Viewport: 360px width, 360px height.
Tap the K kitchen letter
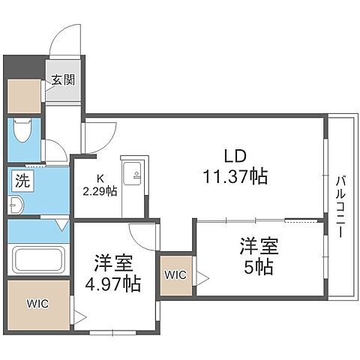pos(99,178)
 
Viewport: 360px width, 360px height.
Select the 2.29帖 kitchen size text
pos(100,191)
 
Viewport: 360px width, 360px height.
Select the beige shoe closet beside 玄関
pos(25,93)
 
